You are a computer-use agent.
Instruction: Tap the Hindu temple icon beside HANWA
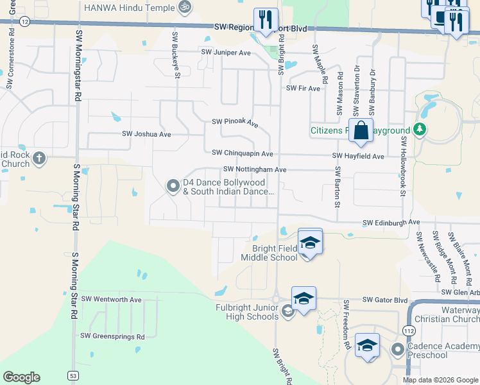click(185, 6)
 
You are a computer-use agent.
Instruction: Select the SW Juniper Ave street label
click(226, 52)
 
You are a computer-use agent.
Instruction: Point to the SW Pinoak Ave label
click(235, 122)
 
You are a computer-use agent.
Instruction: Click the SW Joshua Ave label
click(146, 134)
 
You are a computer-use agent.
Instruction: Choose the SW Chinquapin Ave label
click(243, 153)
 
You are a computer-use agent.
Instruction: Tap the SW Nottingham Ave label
click(254, 169)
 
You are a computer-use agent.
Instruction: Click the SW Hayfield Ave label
click(358, 156)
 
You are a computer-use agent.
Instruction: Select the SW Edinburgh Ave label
click(391, 222)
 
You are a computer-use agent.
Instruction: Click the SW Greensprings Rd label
click(112, 336)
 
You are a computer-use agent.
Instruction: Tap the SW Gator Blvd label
click(385, 300)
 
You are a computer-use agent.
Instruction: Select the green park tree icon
click(420, 130)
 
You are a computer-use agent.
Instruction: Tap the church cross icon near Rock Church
click(39, 158)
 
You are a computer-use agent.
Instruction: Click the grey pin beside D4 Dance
click(173, 186)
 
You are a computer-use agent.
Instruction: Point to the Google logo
click(21, 377)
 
